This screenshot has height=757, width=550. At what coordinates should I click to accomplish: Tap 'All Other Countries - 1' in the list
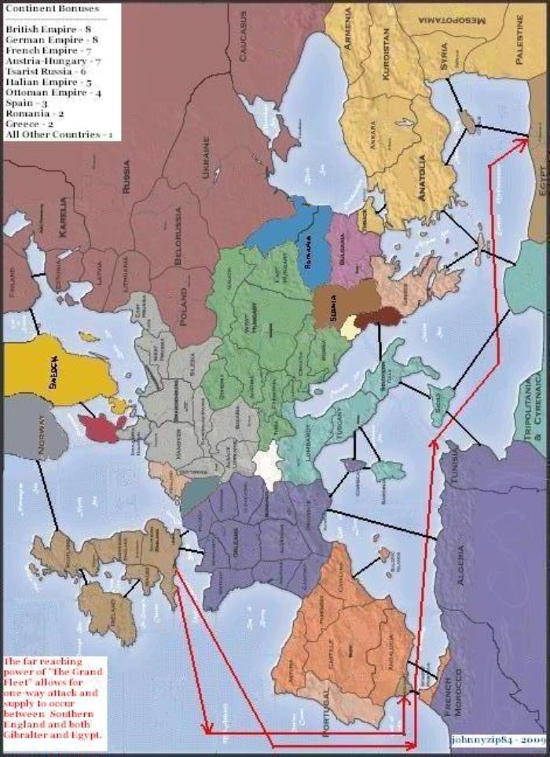(59, 135)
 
